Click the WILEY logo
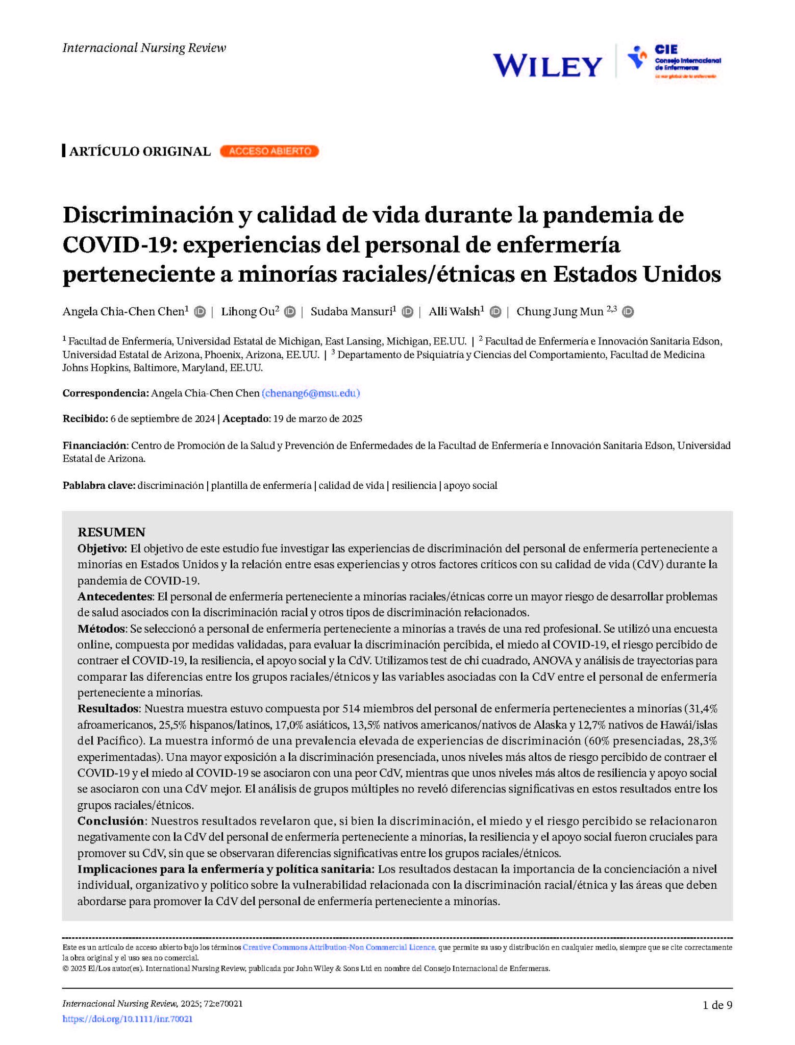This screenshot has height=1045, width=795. (547, 65)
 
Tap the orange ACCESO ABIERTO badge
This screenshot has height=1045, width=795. (269, 151)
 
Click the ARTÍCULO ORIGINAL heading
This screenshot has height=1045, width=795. (139, 152)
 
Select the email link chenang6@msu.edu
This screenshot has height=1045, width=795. (311, 393)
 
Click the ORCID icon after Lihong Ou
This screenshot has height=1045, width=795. (290, 311)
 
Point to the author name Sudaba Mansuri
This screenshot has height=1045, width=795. (351, 311)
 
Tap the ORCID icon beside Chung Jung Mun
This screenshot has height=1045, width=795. (628, 311)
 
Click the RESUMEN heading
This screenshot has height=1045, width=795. (111, 532)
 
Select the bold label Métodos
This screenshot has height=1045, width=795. (101, 629)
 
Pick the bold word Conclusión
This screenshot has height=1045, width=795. (111, 821)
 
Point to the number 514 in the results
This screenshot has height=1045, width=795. (351, 708)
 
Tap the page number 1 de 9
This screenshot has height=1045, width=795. (717, 1005)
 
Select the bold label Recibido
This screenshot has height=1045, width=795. (85, 419)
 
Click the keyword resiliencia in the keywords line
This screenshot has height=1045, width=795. (414, 485)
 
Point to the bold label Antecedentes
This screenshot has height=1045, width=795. (115, 596)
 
